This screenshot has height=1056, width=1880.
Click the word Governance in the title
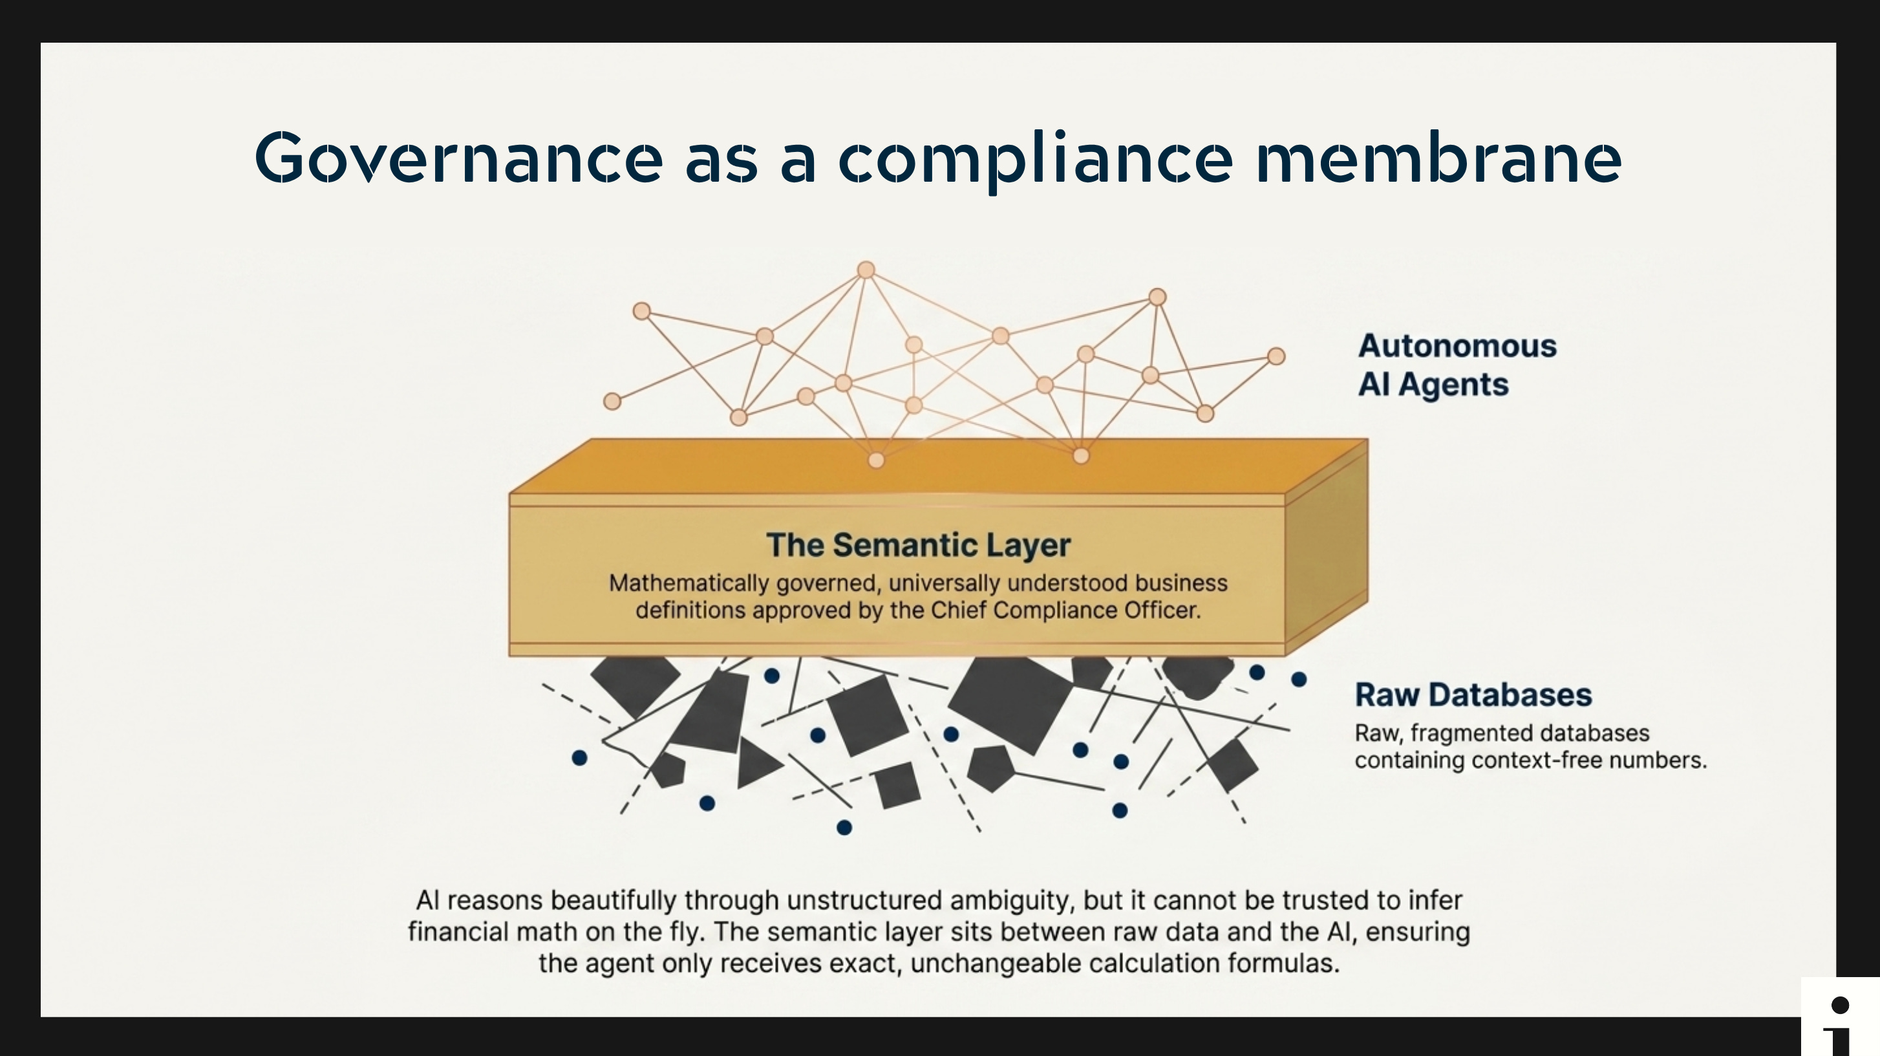point(458,158)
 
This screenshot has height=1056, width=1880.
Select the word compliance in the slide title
point(1036,161)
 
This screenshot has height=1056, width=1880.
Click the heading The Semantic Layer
point(918,545)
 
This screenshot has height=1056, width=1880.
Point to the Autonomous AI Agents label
point(1457,365)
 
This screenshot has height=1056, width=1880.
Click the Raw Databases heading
point(1473,695)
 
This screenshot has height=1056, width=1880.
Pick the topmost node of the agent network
point(866,270)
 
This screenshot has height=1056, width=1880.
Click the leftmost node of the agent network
point(612,401)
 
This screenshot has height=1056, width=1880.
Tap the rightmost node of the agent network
point(1276,356)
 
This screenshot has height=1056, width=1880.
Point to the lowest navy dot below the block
point(844,828)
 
